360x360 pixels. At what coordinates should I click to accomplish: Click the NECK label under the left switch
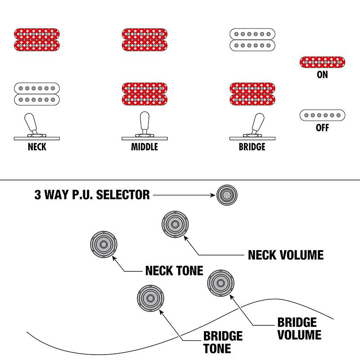(x=37, y=147)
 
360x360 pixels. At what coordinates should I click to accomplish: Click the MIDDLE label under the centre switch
(x=144, y=147)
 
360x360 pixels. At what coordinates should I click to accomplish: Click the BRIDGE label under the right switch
(x=252, y=147)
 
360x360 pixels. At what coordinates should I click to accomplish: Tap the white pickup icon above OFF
(x=322, y=115)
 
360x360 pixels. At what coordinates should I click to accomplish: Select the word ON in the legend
(x=322, y=75)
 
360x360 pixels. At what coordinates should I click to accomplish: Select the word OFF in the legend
(x=322, y=128)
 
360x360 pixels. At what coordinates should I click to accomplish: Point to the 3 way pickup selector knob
(x=226, y=195)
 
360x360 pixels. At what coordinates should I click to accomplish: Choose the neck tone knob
(x=103, y=244)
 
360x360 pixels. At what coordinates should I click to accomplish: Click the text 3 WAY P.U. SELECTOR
(x=92, y=195)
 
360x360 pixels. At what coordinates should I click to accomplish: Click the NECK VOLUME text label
(x=286, y=255)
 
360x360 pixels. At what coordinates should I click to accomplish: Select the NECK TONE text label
(x=174, y=271)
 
